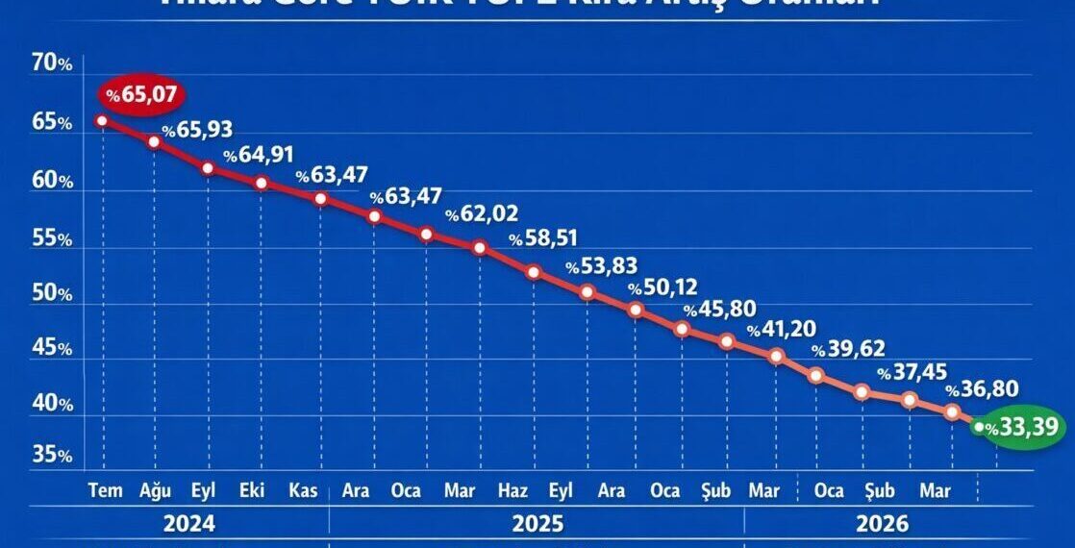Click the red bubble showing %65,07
(141, 95)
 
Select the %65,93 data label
(197, 130)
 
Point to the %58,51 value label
(544, 238)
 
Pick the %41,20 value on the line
(782, 331)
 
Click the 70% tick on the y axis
(52, 64)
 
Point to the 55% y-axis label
(52, 238)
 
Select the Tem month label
(105, 491)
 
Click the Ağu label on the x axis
(155, 491)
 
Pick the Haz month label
(512, 491)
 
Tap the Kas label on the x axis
(304, 491)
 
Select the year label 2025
(538, 525)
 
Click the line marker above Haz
(533, 272)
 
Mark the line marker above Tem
(102, 121)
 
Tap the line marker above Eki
(261, 183)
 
